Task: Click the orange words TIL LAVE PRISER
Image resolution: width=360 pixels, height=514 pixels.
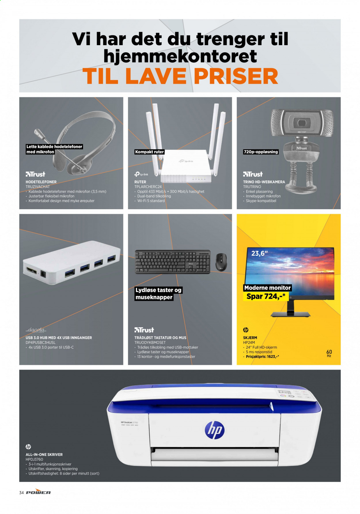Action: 180,76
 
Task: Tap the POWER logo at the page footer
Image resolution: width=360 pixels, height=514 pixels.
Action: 38,492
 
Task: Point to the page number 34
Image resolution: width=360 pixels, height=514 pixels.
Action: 21,493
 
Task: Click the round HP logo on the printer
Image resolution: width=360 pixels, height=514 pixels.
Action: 215,430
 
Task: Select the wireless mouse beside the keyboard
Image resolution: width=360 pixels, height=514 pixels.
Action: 221,262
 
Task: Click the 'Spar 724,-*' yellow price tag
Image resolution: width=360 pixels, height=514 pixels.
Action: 266,296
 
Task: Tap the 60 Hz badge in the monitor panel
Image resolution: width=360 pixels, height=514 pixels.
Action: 329,353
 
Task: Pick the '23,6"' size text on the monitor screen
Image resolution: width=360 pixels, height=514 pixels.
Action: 259,254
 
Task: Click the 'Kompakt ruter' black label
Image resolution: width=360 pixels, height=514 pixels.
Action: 149,152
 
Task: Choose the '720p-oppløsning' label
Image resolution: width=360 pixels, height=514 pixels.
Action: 261,152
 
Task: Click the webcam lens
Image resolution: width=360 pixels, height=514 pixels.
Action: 302,123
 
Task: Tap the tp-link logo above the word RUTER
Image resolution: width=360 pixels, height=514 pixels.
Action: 141,174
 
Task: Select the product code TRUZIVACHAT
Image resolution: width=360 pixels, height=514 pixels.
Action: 38,187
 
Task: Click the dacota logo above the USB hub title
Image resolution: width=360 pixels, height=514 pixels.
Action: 36,330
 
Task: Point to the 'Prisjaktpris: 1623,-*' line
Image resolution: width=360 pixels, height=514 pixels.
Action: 262,357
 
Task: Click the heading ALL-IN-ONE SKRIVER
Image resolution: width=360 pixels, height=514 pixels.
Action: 44,454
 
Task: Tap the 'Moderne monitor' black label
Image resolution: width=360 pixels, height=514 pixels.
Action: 268,288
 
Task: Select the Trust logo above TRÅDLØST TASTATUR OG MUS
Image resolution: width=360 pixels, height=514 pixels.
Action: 144,330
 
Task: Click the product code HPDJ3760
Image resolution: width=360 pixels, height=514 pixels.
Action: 34,459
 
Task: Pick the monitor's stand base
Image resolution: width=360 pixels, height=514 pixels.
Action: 290,315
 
